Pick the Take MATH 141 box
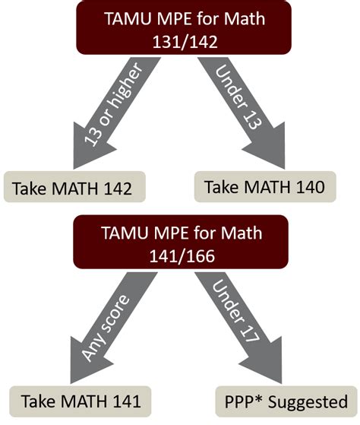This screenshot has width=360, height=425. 77,400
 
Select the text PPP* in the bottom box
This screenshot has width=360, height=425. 243,400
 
